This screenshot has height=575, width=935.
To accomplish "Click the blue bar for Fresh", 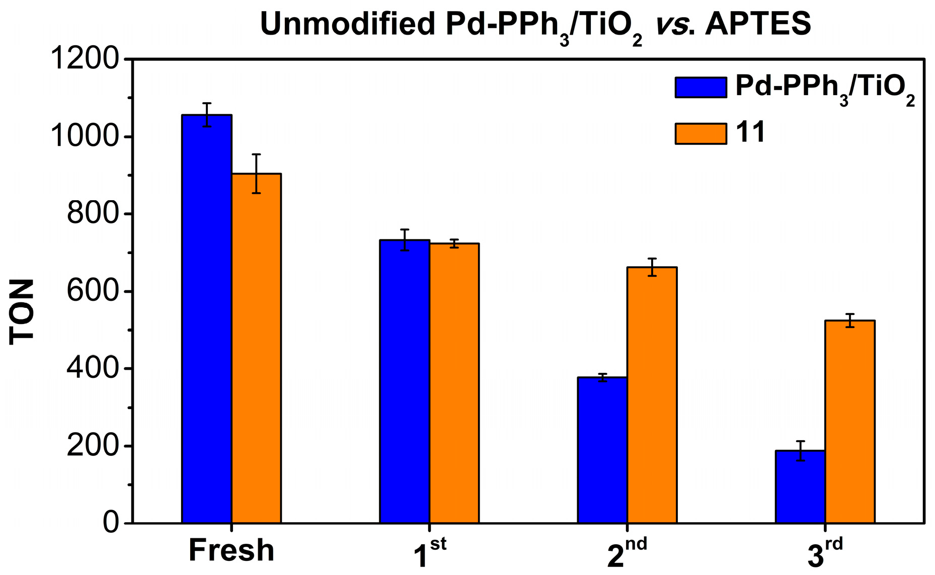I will (207, 319).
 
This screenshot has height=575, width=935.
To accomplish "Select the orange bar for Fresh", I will (256, 348).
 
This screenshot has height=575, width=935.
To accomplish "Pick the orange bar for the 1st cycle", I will (454, 383).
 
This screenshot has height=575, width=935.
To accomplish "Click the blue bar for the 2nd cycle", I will (602, 450).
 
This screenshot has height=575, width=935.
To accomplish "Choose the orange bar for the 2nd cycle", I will (652, 395).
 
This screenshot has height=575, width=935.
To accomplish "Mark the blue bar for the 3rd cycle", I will (800, 486).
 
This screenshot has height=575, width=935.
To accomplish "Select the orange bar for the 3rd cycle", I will (849, 422).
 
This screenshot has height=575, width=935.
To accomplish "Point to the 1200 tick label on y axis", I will (85, 59).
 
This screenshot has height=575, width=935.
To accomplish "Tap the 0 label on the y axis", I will (111, 523).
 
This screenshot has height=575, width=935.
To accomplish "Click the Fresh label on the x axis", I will (231, 550).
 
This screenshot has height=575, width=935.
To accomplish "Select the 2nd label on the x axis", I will (627, 553).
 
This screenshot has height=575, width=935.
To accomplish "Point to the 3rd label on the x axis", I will (825, 553).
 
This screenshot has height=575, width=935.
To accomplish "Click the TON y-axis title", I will (22, 312).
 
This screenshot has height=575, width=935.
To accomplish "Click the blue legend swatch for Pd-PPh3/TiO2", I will (700, 88).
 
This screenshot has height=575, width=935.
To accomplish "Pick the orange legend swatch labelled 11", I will (700, 134).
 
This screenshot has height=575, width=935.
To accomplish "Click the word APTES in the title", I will (758, 24).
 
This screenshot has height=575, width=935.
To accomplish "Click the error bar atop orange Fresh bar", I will (256, 173).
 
